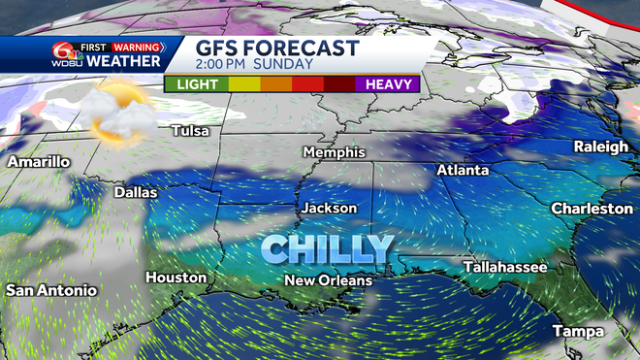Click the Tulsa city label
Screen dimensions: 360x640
tap(191, 130)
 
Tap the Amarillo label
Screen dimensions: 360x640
tap(38, 162)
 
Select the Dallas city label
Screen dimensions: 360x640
tap(135, 192)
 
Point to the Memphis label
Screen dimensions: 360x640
tap(334, 152)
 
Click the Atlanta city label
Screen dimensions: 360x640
tap(464, 170)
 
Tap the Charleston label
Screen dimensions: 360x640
tap(592, 209)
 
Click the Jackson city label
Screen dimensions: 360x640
tap(329, 208)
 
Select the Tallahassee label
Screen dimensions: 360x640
tap(504, 266)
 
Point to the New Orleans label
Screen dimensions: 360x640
tap(328, 280)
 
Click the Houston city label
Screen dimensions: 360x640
tap(176, 278)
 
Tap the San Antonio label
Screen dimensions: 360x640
tap(50, 290)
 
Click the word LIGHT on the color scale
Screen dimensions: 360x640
tap(195, 84)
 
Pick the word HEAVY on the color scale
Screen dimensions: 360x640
tap(388, 84)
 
